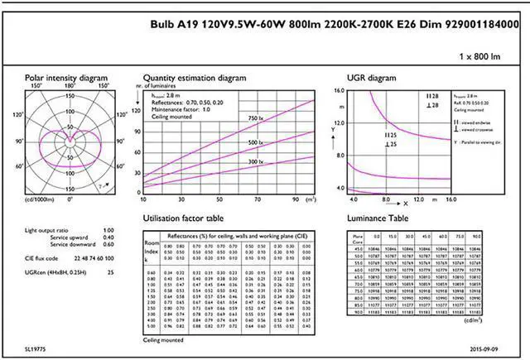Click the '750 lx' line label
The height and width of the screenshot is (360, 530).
(x=260, y=119)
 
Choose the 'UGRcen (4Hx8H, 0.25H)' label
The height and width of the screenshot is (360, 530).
(x=55, y=271)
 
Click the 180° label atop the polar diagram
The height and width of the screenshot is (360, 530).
(x=70, y=84)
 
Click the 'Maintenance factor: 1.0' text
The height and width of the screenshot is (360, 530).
(x=181, y=108)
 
